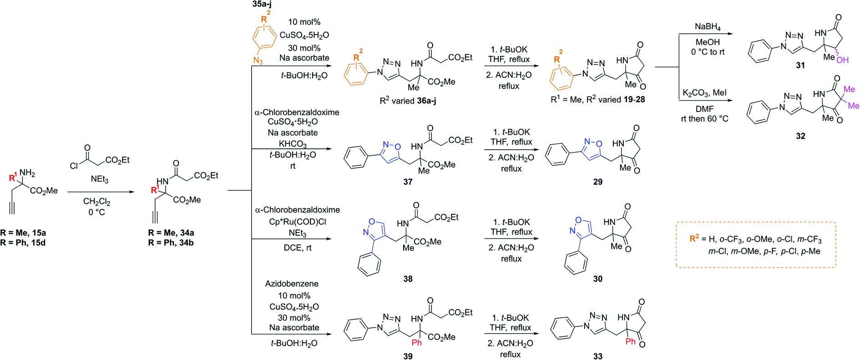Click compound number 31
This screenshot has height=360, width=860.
(x=800, y=66)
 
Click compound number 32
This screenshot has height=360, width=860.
(x=800, y=136)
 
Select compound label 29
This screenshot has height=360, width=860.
(x=597, y=182)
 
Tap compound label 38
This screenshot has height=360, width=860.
(x=408, y=279)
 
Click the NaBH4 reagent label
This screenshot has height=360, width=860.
(x=707, y=27)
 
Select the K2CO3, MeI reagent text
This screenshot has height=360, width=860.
(x=704, y=93)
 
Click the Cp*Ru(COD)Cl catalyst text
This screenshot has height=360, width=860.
(x=297, y=222)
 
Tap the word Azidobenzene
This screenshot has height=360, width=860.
(x=292, y=284)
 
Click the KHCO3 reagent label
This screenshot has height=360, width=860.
(x=293, y=144)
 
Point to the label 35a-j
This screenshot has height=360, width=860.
(x=262, y=4)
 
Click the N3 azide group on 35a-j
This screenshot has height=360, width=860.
(x=258, y=61)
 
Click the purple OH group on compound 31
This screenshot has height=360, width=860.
(x=842, y=60)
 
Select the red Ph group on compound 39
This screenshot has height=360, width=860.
(x=417, y=343)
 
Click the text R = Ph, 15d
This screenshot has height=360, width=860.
(x=23, y=243)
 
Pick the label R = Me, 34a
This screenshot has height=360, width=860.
(x=171, y=233)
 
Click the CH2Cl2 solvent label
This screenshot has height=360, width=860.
(x=96, y=201)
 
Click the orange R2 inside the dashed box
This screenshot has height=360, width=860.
(x=694, y=238)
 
